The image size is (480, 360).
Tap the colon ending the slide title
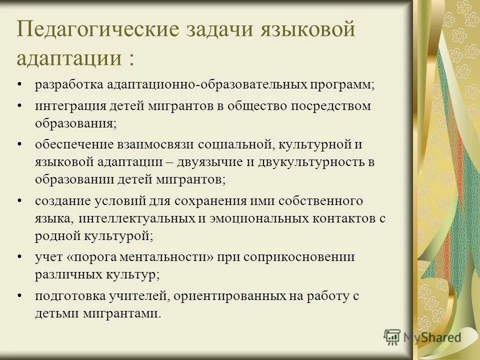coord(130,59)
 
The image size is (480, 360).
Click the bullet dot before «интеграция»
coord(19,106)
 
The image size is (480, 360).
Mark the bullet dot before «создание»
coord(19,200)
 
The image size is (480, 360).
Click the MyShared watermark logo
coord(422,337)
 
